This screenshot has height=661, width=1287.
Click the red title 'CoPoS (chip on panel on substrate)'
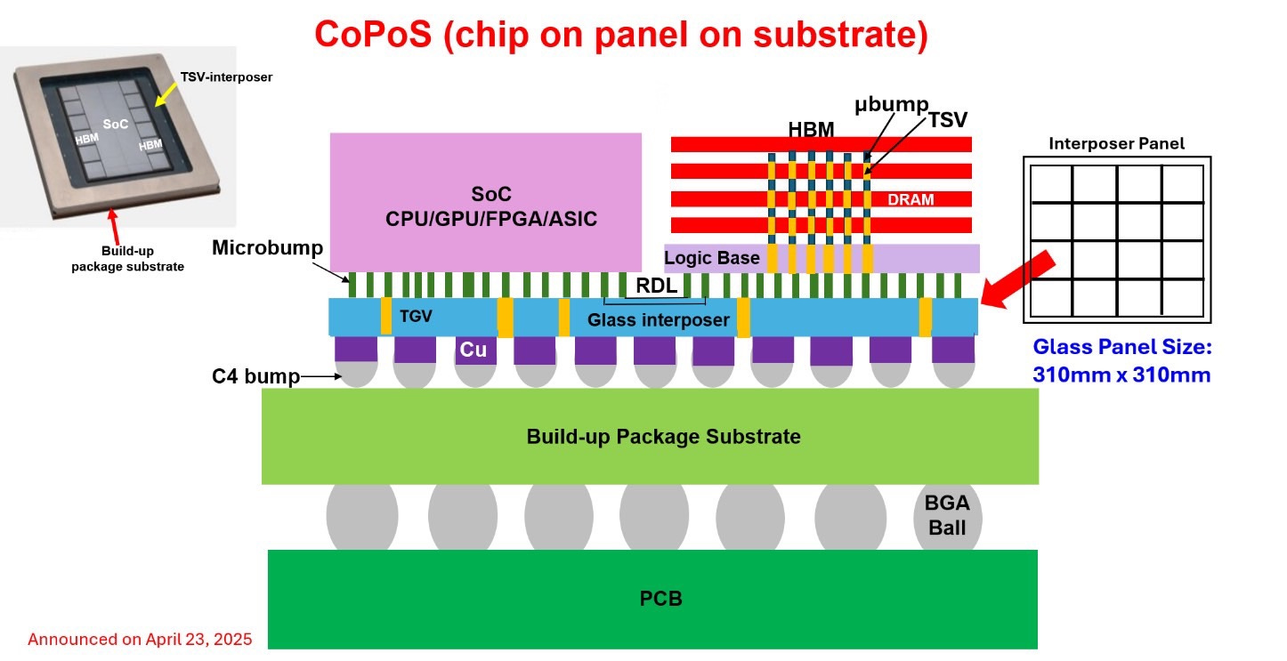point(621,36)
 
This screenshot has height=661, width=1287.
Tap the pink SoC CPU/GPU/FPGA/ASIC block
point(485,202)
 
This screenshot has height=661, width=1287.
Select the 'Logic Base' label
point(711,258)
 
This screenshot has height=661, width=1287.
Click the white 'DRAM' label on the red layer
point(911,200)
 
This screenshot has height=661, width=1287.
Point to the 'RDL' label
point(656,286)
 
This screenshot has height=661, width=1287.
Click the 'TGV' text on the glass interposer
point(416,317)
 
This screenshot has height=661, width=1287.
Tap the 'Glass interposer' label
point(658,320)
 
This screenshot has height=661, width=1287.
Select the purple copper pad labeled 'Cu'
point(475,350)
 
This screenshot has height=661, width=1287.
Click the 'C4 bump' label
point(255,376)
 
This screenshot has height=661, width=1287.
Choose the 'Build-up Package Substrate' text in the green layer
point(664,437)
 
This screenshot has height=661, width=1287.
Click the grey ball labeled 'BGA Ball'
point(947,517)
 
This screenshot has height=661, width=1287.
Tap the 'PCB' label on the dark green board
point(660,599)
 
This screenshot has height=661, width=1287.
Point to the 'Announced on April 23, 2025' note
point(140,639)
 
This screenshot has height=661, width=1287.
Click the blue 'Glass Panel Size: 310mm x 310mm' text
point(1122,360)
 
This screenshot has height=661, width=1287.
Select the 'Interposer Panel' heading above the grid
point(1116,143)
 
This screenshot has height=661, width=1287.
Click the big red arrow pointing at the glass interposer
point(1018,279)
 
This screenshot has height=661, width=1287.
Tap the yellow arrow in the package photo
point(166,94)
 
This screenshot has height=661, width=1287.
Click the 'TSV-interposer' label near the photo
point(226,77)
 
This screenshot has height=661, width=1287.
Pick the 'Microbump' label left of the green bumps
point(267,248)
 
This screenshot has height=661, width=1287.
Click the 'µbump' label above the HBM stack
point(891,105)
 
